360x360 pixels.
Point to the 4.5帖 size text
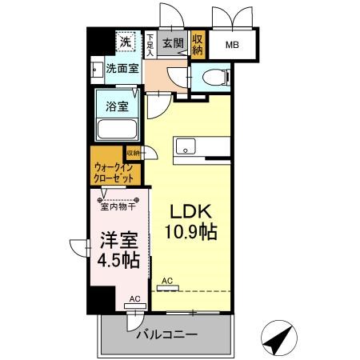click(x=118, y=260)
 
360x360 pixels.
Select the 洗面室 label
click(x=122, y=69)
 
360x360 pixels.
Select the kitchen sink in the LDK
click(x=186, y=147)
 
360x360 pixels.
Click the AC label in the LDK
click(x=166, y=281)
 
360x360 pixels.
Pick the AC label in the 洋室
click(x=134, y=298)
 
